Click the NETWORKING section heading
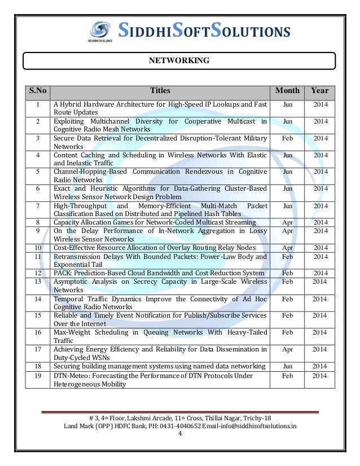click(x=179, y=60)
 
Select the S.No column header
click(x=38, y=91)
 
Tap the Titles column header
click(x=160, y=91)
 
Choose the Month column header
click(x=287, y=91)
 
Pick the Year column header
click(x=320, y=91)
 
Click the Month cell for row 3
click(x=287, y=138)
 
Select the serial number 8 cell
click(x=38, y=223)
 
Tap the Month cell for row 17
click(x=287, y=350)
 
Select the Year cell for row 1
click(x=320, y=105)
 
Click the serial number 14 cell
click(x=38, y=298)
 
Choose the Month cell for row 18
click(x=287, y=367)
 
